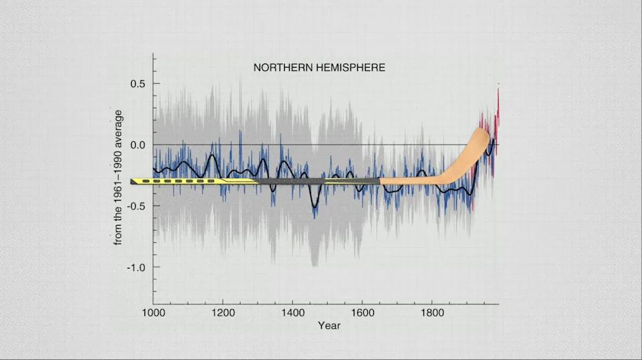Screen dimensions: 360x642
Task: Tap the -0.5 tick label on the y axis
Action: pos(134,206)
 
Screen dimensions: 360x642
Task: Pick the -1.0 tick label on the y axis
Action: pos(134,267)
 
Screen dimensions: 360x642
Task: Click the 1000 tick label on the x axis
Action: pos(153,312)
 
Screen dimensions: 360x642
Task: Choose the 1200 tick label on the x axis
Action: pos(223,312)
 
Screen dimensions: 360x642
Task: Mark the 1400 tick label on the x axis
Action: pos(292,312)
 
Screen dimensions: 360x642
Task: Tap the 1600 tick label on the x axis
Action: pos(362,312)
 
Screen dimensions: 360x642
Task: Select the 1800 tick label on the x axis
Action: pos(431,312)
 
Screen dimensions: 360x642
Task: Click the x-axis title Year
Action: pos(328,325)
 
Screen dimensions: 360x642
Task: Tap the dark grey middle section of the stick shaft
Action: pos(288,181)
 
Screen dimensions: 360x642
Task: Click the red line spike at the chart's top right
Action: pos(498,100)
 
